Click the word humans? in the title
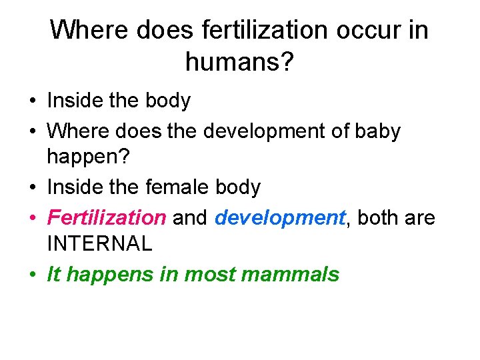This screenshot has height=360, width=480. (x=239, y=63)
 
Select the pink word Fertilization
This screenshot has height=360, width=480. (x=107, y=217)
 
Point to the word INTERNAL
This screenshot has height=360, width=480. (x=99, y=243)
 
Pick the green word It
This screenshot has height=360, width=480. (x=53, y=274)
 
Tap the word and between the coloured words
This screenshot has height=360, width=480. (x=190, y=217)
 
